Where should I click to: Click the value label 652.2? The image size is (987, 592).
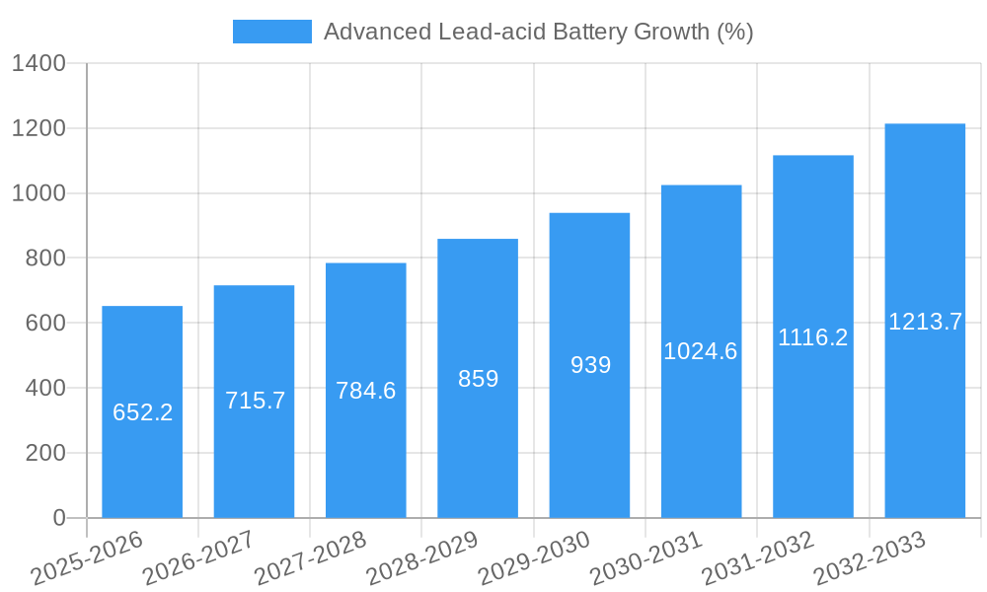(x=142, y=412)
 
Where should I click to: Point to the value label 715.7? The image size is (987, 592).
(x=255, y=401)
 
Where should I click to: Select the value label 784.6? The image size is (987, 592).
(x=366, y=391)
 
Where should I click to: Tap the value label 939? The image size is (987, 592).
(x=590, y=365)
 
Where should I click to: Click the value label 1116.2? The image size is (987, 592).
(x=813, y=337)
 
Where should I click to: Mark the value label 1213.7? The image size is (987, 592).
(x=925, y=322)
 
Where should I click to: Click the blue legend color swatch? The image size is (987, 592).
(x=271, y=32)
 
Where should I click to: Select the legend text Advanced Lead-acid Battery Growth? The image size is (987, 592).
(x=538, y=32)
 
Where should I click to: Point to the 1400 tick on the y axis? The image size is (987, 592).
(x=38, y=64)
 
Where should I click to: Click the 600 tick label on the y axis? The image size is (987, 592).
(x=44, y=324)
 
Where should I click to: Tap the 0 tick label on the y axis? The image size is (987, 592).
(x=58, y=518)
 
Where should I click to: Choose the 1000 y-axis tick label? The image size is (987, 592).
(x=38, y=193)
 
